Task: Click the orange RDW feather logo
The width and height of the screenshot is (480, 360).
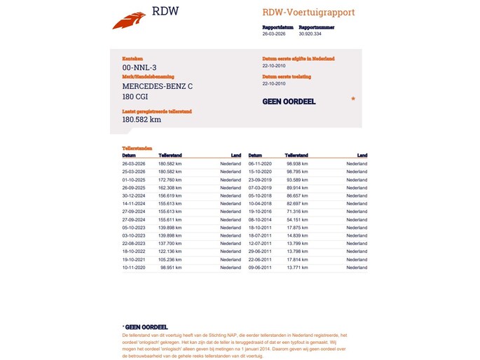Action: (x=130, y=19)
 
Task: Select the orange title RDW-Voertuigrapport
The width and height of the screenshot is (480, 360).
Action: (x=308, y=12)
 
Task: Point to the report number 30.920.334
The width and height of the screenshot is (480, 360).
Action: (x=310, y=33)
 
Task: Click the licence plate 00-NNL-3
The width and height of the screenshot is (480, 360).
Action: (x=139, y=67)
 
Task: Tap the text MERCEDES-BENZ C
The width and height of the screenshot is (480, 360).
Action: (x=157, y=86)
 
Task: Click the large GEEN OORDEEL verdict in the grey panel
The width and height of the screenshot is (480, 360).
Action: (x=289, y=102)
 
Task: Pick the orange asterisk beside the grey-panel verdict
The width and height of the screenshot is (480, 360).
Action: (x=353, y=99)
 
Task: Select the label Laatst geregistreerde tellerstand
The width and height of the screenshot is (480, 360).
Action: (x=157, y=111)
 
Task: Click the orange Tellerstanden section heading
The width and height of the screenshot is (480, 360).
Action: (x=137, y=148)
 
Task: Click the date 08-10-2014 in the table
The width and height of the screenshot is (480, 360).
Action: (x=259, y=220)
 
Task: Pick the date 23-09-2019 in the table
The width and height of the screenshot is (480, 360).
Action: (x=259, y=180)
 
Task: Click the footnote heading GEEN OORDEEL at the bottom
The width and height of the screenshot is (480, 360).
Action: (x=146, y=327)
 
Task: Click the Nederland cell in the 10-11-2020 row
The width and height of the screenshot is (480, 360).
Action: (x=231, y=268)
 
